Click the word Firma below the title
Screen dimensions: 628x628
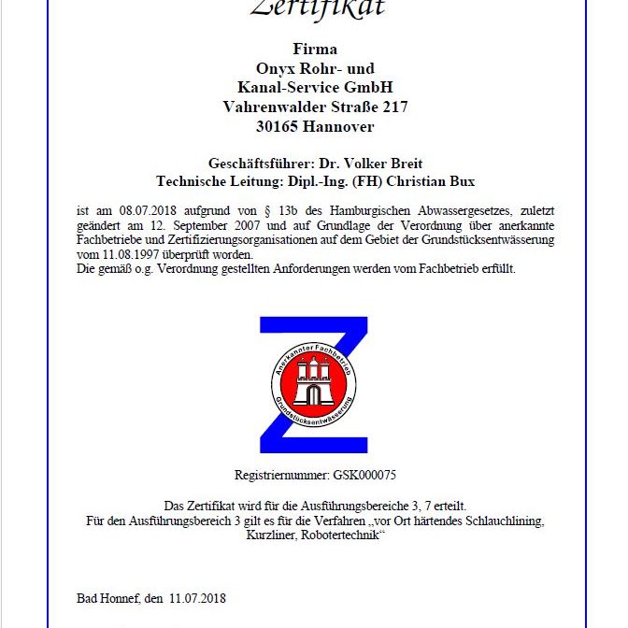(x=315, y=50)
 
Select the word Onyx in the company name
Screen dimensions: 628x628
(x=276, y=68)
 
